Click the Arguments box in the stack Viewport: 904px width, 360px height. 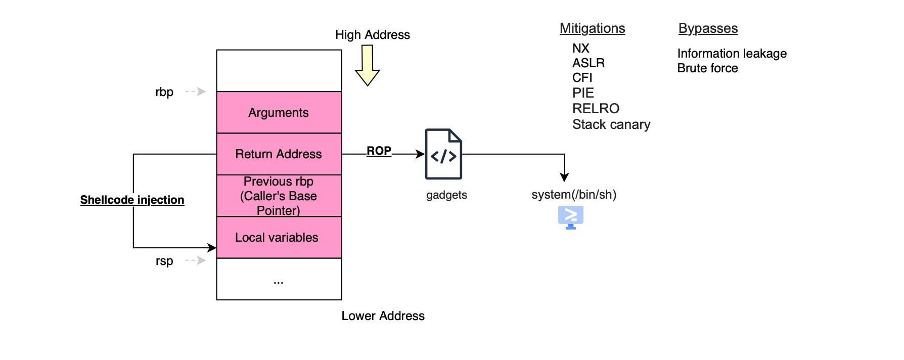tap(279, 112)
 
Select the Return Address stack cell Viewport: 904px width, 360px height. tap(279, 154)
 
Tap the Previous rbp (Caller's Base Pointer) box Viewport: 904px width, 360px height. tap(279, 196)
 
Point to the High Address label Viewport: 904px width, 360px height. tap(372, 35)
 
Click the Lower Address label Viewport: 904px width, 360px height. tap(383, 316)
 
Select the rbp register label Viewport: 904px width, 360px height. tap(164, 92)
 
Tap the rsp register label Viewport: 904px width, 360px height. tap(164, 261)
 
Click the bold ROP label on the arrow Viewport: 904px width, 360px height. tap(379, 151)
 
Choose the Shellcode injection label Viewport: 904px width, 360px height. tap(132, 200)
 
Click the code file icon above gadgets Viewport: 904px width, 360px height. tap(443, 154)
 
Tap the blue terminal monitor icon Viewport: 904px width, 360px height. tap(571, 217)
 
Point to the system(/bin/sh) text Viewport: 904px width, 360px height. tap(574, 195)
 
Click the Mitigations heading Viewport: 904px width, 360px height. tap(592, 28)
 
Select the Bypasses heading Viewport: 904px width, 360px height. tap(708, 28)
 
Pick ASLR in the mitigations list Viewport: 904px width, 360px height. tap(588, 63)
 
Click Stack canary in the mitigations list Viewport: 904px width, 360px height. tap(611, 124)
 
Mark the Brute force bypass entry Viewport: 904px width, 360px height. tap(707, 68)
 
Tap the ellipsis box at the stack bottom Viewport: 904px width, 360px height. tap(279, 280)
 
